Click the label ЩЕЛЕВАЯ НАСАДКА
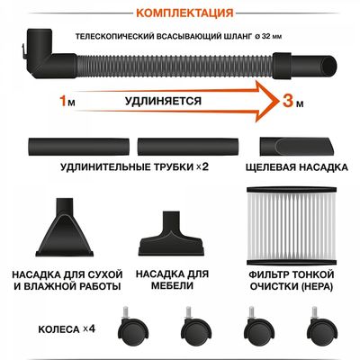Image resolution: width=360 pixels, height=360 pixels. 294,166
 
